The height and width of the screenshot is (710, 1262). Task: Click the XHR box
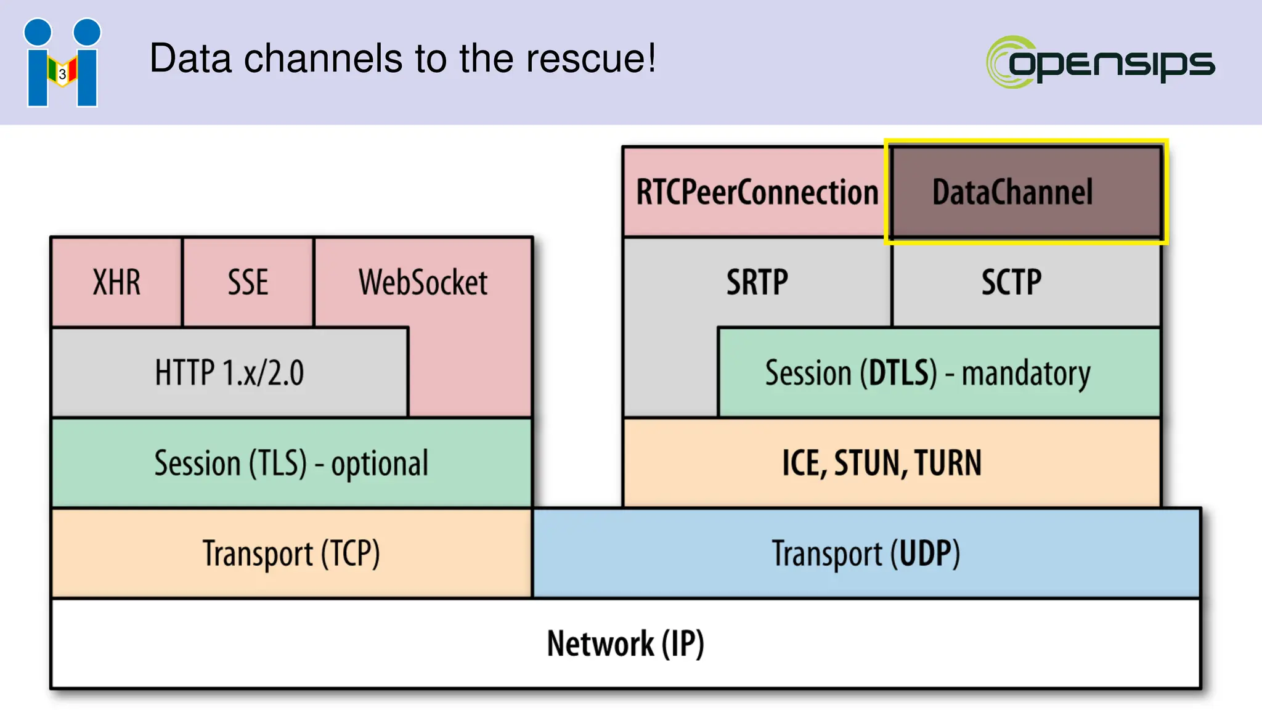(116, 282)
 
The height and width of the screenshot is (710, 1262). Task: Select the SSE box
(248, 282)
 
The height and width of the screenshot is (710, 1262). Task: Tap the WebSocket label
(423, 282)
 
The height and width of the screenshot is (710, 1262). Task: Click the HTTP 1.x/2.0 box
(229, 373)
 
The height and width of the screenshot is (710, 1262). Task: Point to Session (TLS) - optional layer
(291, 463)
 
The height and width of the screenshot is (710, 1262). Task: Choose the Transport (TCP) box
(291, 553)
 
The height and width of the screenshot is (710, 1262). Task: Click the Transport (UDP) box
(866, 553)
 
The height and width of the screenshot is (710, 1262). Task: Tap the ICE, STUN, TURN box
(881, 463)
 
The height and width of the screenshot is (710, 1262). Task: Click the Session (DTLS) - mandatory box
(927, 373)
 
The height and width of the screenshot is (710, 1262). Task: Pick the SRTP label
(757, 282)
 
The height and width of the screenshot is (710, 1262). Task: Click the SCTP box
(1011, 282)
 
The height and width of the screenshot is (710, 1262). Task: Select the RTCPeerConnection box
(757, 192)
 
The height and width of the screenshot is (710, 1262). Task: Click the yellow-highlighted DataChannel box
(1012, 192)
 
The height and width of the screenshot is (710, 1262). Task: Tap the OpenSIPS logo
(1100, 62)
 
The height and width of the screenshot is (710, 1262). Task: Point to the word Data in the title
(190, 59)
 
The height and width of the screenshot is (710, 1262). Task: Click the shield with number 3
(62, 73)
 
